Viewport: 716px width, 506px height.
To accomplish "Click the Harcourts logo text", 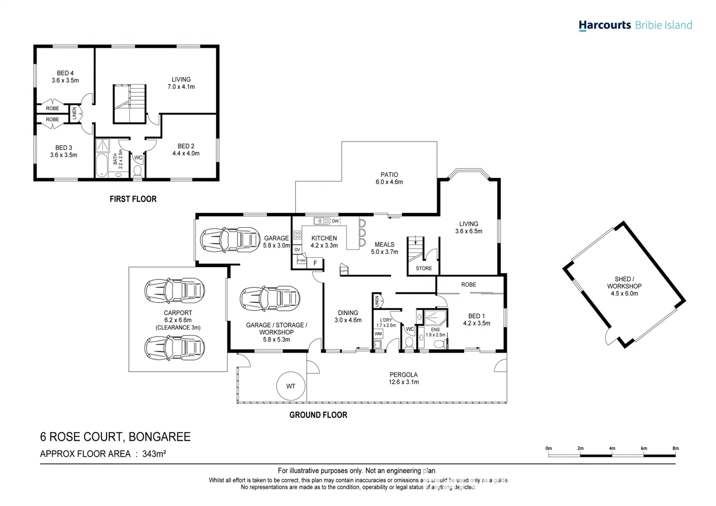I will [x=604, y=25].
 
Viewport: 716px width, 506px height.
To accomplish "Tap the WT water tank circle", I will [x=291, y=387].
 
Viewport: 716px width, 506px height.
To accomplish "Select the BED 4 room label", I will [x=65, y=73].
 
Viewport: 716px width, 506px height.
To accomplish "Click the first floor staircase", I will [x=129, y=104].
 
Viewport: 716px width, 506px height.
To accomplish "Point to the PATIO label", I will [x=389, y=175].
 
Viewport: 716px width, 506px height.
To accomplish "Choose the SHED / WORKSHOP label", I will [x=624, y=283].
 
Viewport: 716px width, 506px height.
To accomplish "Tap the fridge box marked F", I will [x=315, y=263].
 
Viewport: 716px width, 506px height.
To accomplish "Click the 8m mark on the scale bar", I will [x=675, y=448].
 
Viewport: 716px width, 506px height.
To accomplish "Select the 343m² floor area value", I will [x=155, y=454].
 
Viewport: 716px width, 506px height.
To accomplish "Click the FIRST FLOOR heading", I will [x=133, y=199].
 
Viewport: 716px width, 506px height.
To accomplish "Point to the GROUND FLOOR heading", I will [x=318, y=415].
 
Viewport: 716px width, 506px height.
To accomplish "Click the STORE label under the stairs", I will [x=424, y=268].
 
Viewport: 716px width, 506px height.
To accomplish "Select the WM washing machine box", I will [x=378, y=334].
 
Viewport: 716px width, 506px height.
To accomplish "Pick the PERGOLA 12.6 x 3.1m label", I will [x=403, y=378].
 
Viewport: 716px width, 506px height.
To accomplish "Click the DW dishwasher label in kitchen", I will [x=335, y=221].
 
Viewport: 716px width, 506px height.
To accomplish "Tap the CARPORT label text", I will [x=178, y=313].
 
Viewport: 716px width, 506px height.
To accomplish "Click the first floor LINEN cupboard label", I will [x=74, y=113].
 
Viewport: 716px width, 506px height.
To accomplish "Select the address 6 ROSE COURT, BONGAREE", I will [x=115, y=437].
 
